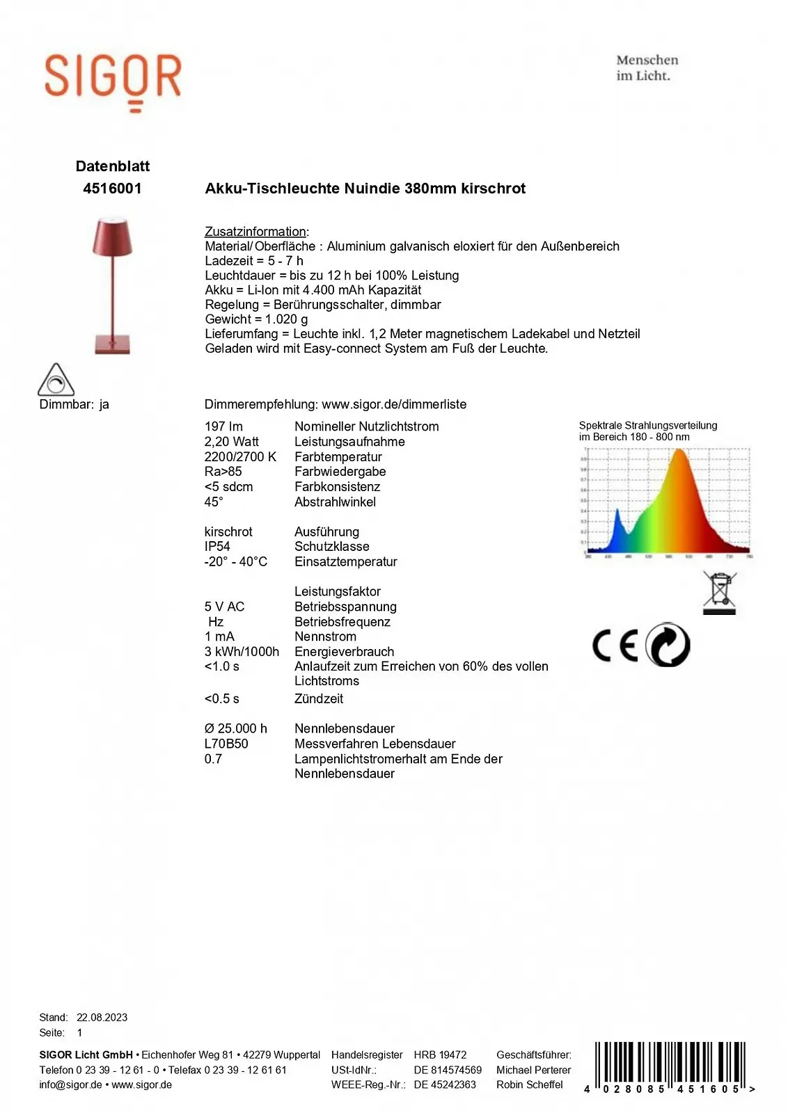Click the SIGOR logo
113,78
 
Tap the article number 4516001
112,189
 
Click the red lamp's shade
112,237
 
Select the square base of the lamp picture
112,344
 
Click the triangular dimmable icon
56,381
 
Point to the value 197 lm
223,426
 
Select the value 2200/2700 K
240,457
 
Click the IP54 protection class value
217,547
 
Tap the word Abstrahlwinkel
335,502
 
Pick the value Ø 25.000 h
235,728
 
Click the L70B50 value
226,744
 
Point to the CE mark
615,646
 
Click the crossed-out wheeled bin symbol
719,593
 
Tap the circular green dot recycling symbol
668,645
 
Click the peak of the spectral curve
679,452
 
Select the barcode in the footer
670,1066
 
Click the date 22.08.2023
102,1017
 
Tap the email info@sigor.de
70,1084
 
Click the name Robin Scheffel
529,1084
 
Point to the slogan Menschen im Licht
647,68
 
